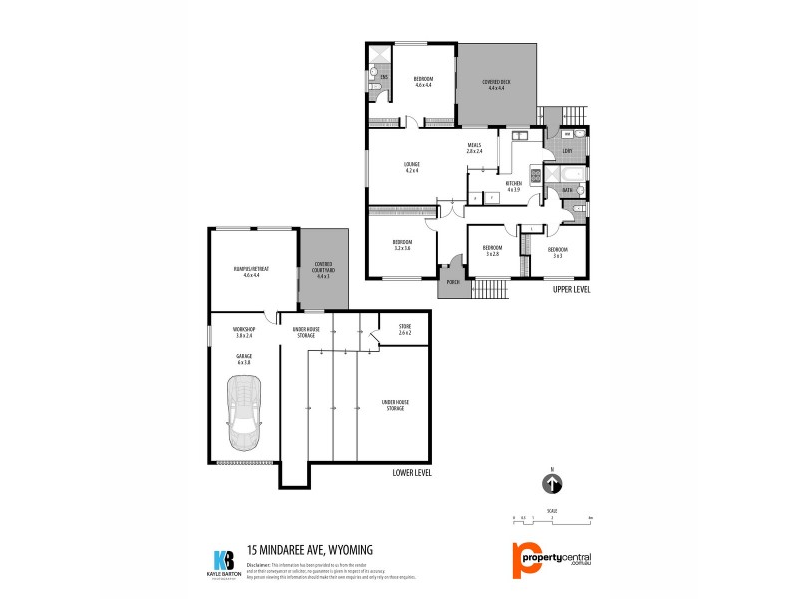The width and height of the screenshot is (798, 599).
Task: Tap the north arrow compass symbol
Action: (552, 484)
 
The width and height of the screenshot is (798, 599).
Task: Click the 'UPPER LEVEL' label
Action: (572, 289)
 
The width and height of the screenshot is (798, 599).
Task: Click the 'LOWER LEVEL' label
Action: (412, 472)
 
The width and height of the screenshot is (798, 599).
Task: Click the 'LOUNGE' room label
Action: (412, 164)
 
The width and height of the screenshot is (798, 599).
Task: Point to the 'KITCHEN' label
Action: (513, 183)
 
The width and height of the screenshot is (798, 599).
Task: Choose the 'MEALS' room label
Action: (474, 145)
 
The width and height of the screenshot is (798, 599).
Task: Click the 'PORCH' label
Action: (452, 283)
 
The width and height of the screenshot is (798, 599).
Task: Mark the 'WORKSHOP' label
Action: (244, 329)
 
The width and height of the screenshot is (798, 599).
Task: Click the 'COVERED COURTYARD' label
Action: (323, 265)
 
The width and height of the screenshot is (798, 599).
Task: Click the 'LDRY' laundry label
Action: (566, 152)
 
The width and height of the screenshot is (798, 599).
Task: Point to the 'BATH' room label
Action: (567, 190)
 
